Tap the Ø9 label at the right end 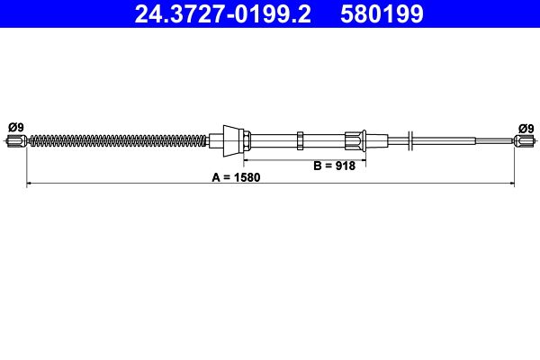pos(525,128)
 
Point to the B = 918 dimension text pos(334,166)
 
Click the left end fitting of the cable pos(19,139)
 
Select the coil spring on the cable pos(117,139)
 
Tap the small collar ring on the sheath pos(300,139)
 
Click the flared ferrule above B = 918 pos(354,139)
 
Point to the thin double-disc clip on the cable pos(410,139)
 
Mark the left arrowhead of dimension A pos(30,184)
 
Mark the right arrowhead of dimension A pos(511,184)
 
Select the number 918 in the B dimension pos(346,166)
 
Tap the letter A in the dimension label pos(216,177)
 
